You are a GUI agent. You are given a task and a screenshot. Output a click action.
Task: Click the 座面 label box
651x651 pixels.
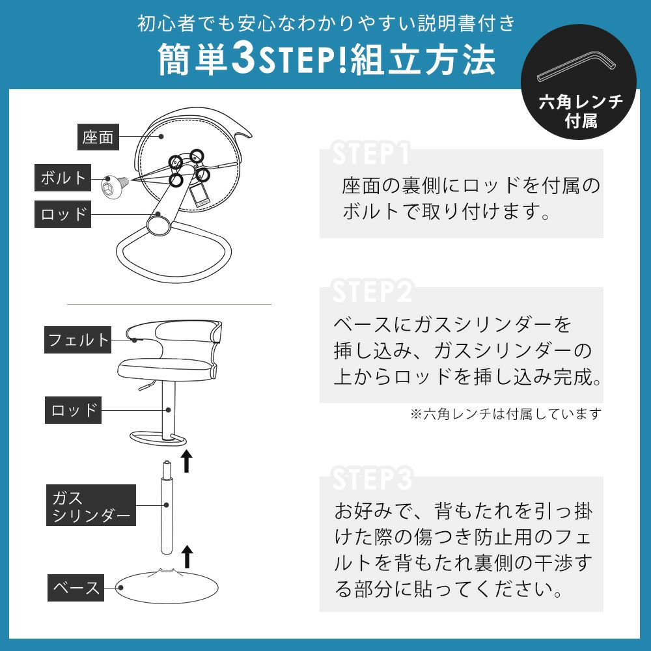(x=98, y=137)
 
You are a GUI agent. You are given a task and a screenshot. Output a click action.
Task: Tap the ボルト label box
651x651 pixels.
(x=62, y=178)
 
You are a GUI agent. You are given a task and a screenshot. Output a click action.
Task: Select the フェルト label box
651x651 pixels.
(x=77, y=340)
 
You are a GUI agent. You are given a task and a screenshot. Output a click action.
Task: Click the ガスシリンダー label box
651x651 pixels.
(x=91, y=505)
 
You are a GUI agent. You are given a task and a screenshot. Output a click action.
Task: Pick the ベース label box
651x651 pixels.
(x=76, y=588)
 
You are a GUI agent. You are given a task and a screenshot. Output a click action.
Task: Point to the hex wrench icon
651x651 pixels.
(x=575, y=67)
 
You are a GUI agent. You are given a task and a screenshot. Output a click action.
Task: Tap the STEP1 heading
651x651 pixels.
(x=371, y=154)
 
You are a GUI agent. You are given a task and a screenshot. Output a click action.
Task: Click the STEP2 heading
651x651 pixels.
(x=372, y=292)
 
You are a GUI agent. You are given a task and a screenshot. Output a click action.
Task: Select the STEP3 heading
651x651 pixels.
(x=372, y=478)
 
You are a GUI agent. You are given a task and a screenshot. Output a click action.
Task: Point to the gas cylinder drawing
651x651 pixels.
(x=167, y=507)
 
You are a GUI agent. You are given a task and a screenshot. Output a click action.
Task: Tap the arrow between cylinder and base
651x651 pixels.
(x=187, y=557)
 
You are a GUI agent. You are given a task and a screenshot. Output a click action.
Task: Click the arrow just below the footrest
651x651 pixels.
(x=187, y=461)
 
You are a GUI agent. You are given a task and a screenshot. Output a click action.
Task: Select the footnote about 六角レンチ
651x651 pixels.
(x=506, y=414)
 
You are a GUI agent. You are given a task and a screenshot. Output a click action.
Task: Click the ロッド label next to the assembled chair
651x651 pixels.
(x=73, y=410)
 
